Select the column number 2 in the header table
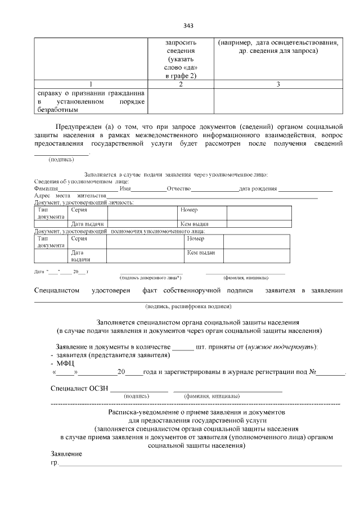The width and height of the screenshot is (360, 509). coord(180,84)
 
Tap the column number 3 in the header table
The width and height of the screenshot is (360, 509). coord(278,84)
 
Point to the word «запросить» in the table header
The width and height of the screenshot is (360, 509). coord(180,43)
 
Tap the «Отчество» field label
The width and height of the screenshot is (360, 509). coord(179,188)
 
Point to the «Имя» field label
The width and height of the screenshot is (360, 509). coord(125,188)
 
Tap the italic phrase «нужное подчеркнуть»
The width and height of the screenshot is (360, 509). coord(281,346)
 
